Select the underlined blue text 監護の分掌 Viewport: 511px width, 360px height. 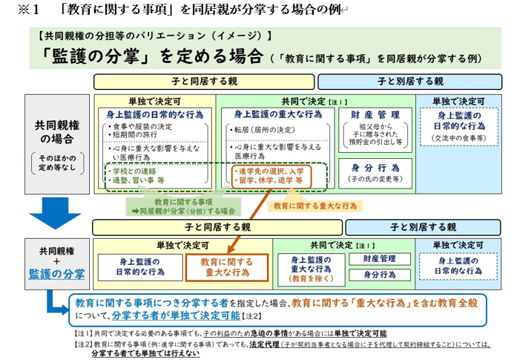coord(57,273)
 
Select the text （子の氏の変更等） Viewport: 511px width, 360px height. coord(376,179)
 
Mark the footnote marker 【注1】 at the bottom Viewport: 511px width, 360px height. coord(83,333)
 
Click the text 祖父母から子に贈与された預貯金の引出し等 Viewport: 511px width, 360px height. coord(375,134)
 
